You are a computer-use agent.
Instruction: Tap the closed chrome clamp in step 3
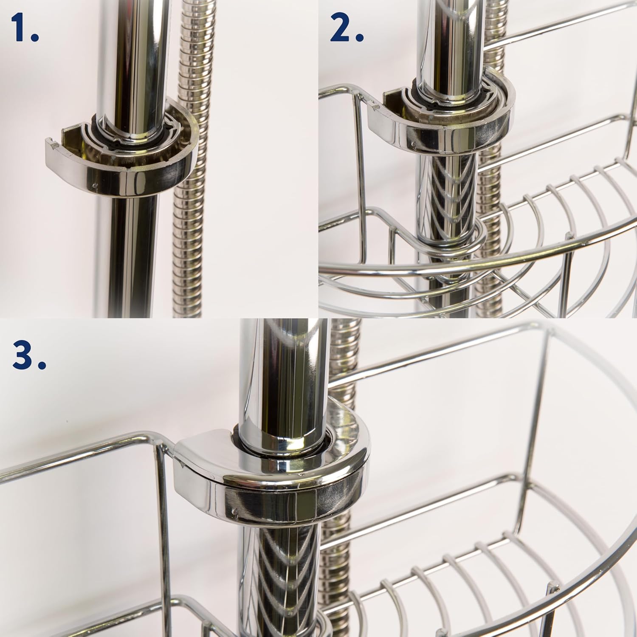272,471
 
